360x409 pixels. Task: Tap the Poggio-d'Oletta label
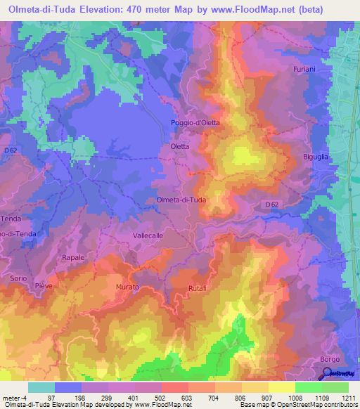tap(195, 122)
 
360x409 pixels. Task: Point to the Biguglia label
tap(316, 157)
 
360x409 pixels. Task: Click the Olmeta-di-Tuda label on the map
tap(181, 200)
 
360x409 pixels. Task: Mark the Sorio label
tap(18, 278)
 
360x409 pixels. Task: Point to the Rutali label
tap(197, 288)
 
